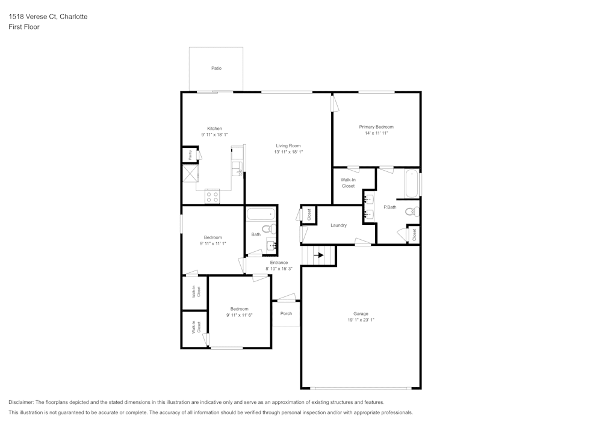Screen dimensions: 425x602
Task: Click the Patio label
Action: [216, 69]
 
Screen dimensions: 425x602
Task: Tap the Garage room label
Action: [361, 314]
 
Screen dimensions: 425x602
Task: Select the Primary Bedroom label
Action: [376, 127]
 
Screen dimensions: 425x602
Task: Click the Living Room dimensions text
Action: [288, 152]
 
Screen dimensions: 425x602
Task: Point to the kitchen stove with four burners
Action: [213, 195]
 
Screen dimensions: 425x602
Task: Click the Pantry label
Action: [190, 155]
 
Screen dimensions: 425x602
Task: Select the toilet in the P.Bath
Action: [411, 212]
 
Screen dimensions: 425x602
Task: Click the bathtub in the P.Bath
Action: [412, 184]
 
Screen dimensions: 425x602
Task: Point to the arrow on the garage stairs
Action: [318, 255]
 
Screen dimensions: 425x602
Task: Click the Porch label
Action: [286, 313]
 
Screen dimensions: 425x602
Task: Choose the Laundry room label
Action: [338, 225]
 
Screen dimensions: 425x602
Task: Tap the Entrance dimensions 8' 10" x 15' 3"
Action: [279, 269]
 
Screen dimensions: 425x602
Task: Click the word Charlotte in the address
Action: [73, 17]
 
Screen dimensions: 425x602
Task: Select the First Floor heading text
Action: [24, 27]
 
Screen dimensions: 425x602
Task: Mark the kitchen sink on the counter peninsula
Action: [238, 168]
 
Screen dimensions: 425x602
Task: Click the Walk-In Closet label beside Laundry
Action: [348, 183]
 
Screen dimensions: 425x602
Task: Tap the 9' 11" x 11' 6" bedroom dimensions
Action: [239, 315]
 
